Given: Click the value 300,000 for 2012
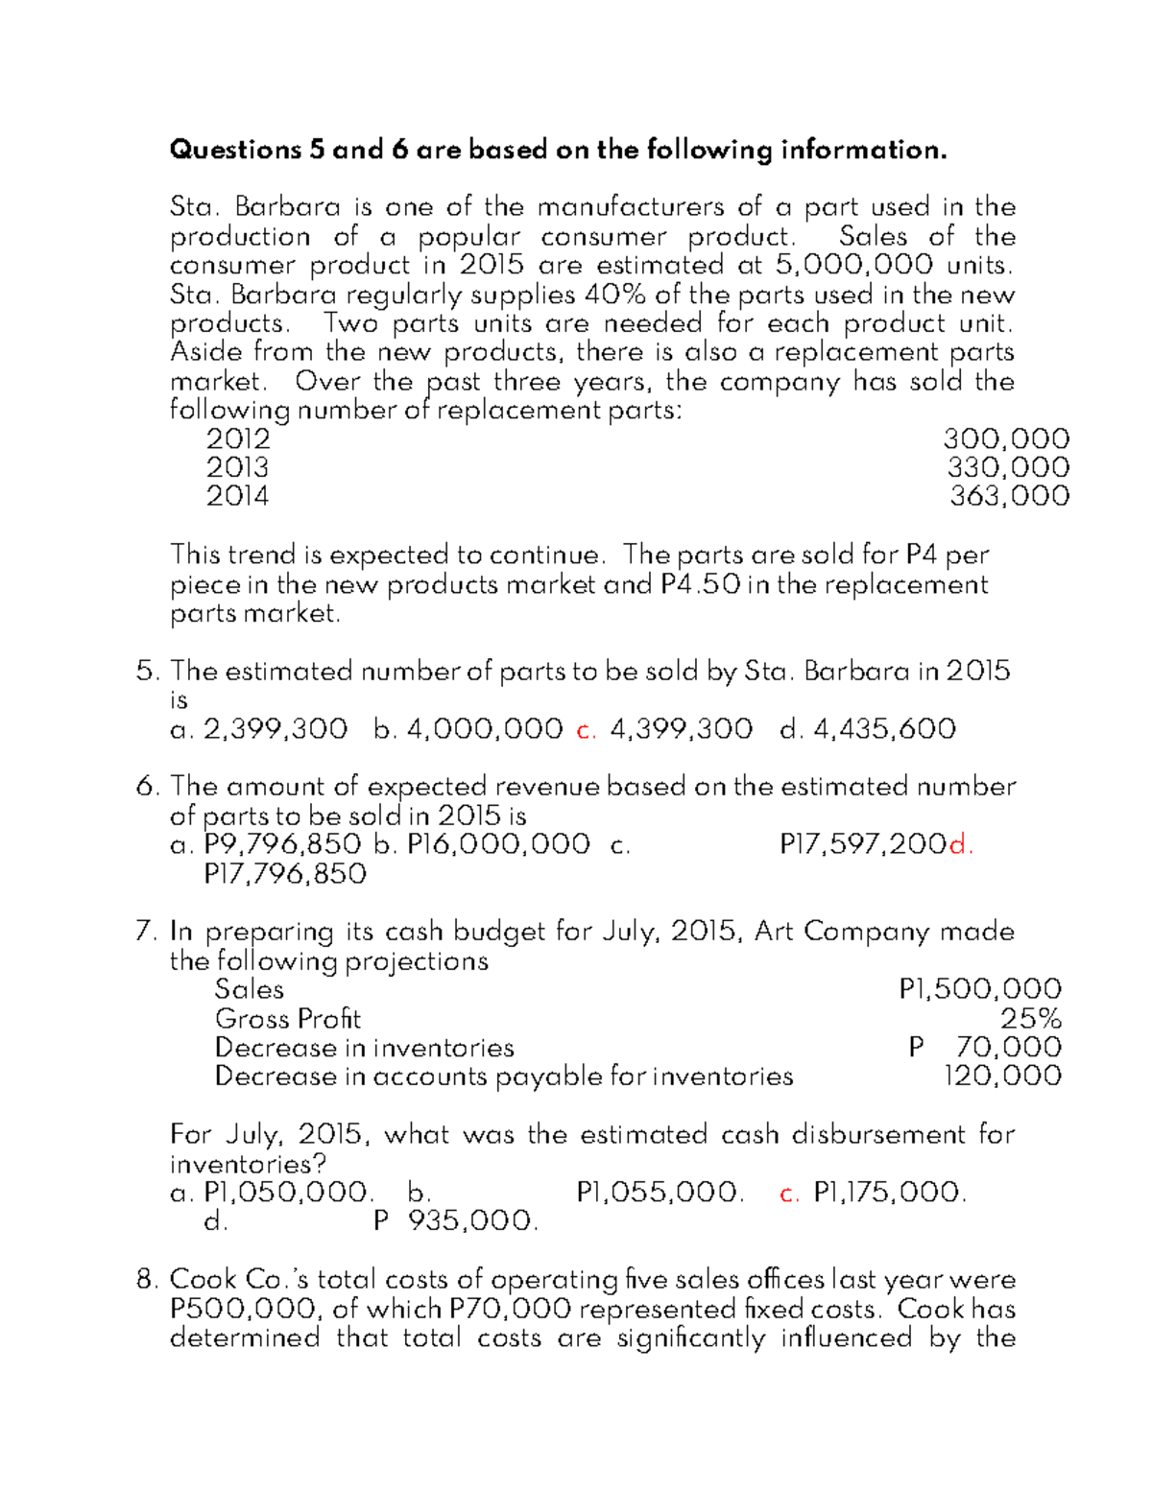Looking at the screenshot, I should [x=1006, y=439].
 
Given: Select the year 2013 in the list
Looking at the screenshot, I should [x=237, y=468].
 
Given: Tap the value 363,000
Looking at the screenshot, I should [x=1010, y=496].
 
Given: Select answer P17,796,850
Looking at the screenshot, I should [x=285, y=874].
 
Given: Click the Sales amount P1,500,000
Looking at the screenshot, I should [x=980, y=989].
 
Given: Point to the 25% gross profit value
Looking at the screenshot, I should [x=1031, y=1018].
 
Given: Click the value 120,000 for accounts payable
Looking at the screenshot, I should [x=1003, y=1076].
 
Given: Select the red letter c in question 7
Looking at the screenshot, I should [x=789, y=1194].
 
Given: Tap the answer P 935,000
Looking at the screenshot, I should [x=456, y=1221].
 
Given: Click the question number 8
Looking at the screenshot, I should [x=146, y=1280].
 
